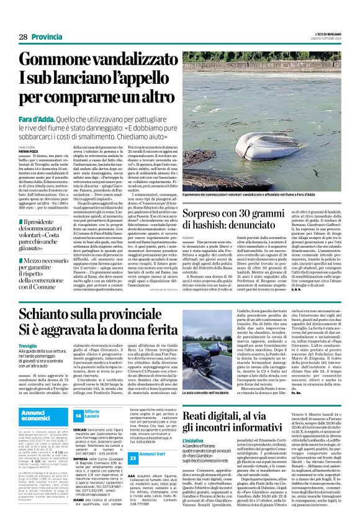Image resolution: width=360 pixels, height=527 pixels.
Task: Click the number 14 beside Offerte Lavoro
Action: pos(79,415)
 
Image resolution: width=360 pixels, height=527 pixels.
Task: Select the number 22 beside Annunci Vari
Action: pos(79,474)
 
